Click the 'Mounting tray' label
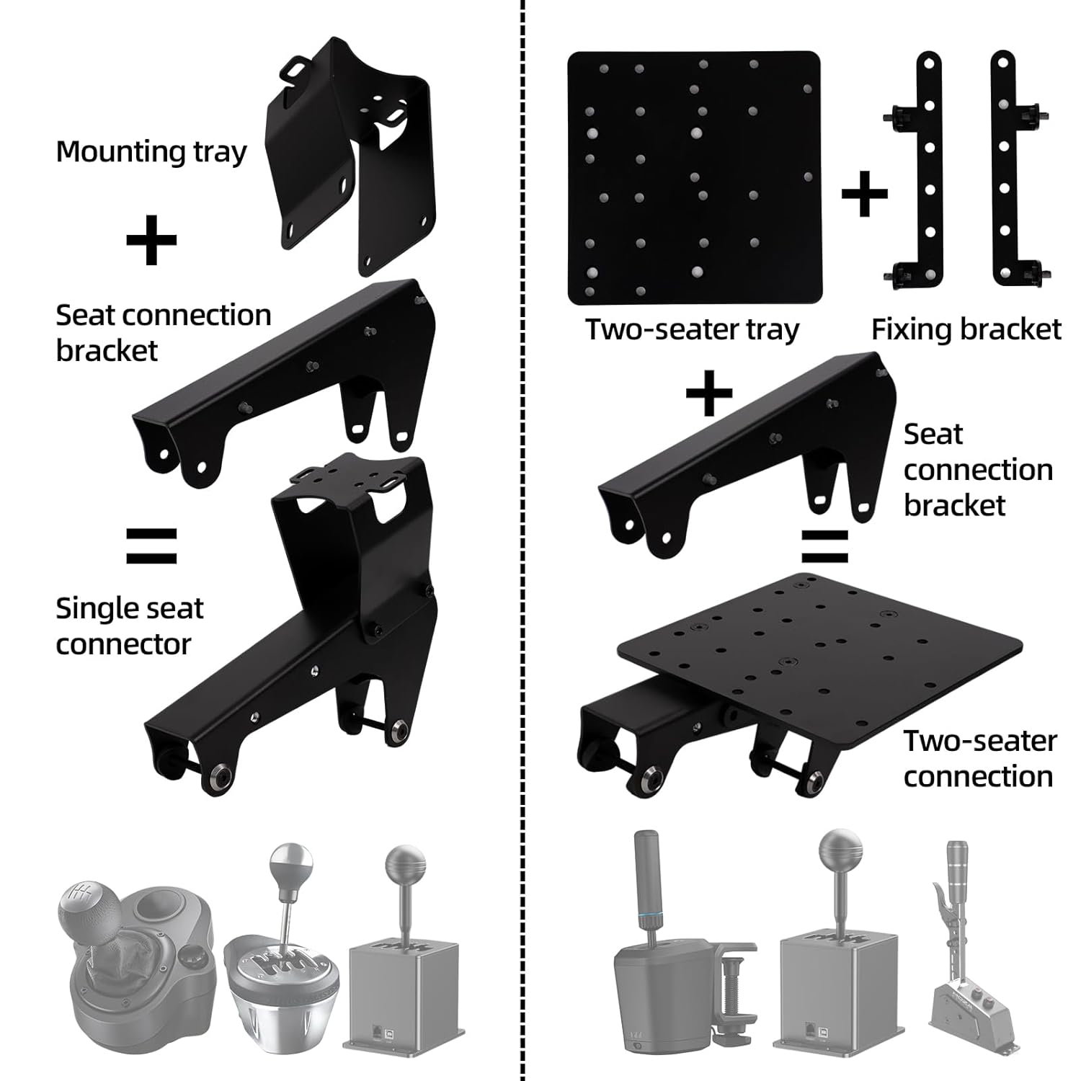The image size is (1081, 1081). [x=151, y=153]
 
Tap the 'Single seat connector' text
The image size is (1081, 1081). [x=129, y=626]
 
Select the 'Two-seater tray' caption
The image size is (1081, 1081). [x=692, y=329]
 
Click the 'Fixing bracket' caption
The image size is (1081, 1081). [x=966, y=329]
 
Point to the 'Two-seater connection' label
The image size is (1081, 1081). [x=979, y=758]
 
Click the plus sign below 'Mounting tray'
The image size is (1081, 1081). [x=151, y=239]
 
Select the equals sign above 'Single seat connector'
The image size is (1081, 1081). [x=151, y=546]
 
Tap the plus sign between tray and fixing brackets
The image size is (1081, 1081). [x=864, y=194]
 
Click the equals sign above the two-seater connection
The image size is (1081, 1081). [x=825, y=546]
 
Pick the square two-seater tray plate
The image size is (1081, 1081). [x=694, y=178]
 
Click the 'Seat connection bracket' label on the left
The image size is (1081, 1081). [x=163, y=332]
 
